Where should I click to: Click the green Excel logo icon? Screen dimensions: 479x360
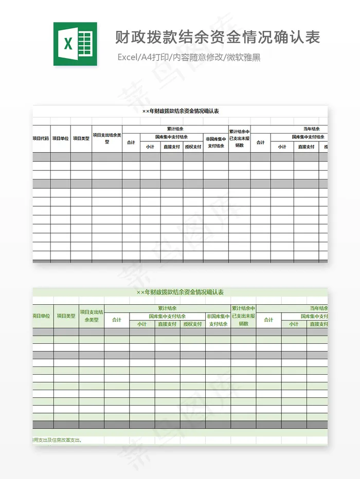coord(75,44)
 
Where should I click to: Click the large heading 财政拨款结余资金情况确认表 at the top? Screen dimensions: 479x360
coord(218,37)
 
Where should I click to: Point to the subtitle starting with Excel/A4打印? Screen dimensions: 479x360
coord(189,57)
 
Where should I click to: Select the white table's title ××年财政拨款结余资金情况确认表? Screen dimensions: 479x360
coord(181,111)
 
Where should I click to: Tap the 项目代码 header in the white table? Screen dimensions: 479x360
coord(41,138)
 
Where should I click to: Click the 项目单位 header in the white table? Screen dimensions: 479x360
coord(60,138)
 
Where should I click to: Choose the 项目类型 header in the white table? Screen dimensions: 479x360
coord(81,138)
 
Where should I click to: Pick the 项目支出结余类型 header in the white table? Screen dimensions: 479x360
coord(107,138)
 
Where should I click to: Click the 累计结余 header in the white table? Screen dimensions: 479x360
coord(175,129)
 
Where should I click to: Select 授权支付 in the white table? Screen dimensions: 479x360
coord(193,146)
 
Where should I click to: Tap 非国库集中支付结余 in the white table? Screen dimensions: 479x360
coord(215,142)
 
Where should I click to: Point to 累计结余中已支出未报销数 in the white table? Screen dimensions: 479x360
coord(239,138)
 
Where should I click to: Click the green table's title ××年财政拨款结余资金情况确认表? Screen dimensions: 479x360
coord(180,292)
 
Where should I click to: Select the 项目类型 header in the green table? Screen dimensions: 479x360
coord(66,316)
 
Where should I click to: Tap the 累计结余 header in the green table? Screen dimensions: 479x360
coord(167,308)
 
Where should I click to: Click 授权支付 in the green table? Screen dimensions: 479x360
coord(193,324)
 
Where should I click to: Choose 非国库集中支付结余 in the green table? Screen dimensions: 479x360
coord(218,320)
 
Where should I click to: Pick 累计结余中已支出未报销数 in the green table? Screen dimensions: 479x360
coord(243,316)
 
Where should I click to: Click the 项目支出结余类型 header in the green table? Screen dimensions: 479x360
coord(91,316)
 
